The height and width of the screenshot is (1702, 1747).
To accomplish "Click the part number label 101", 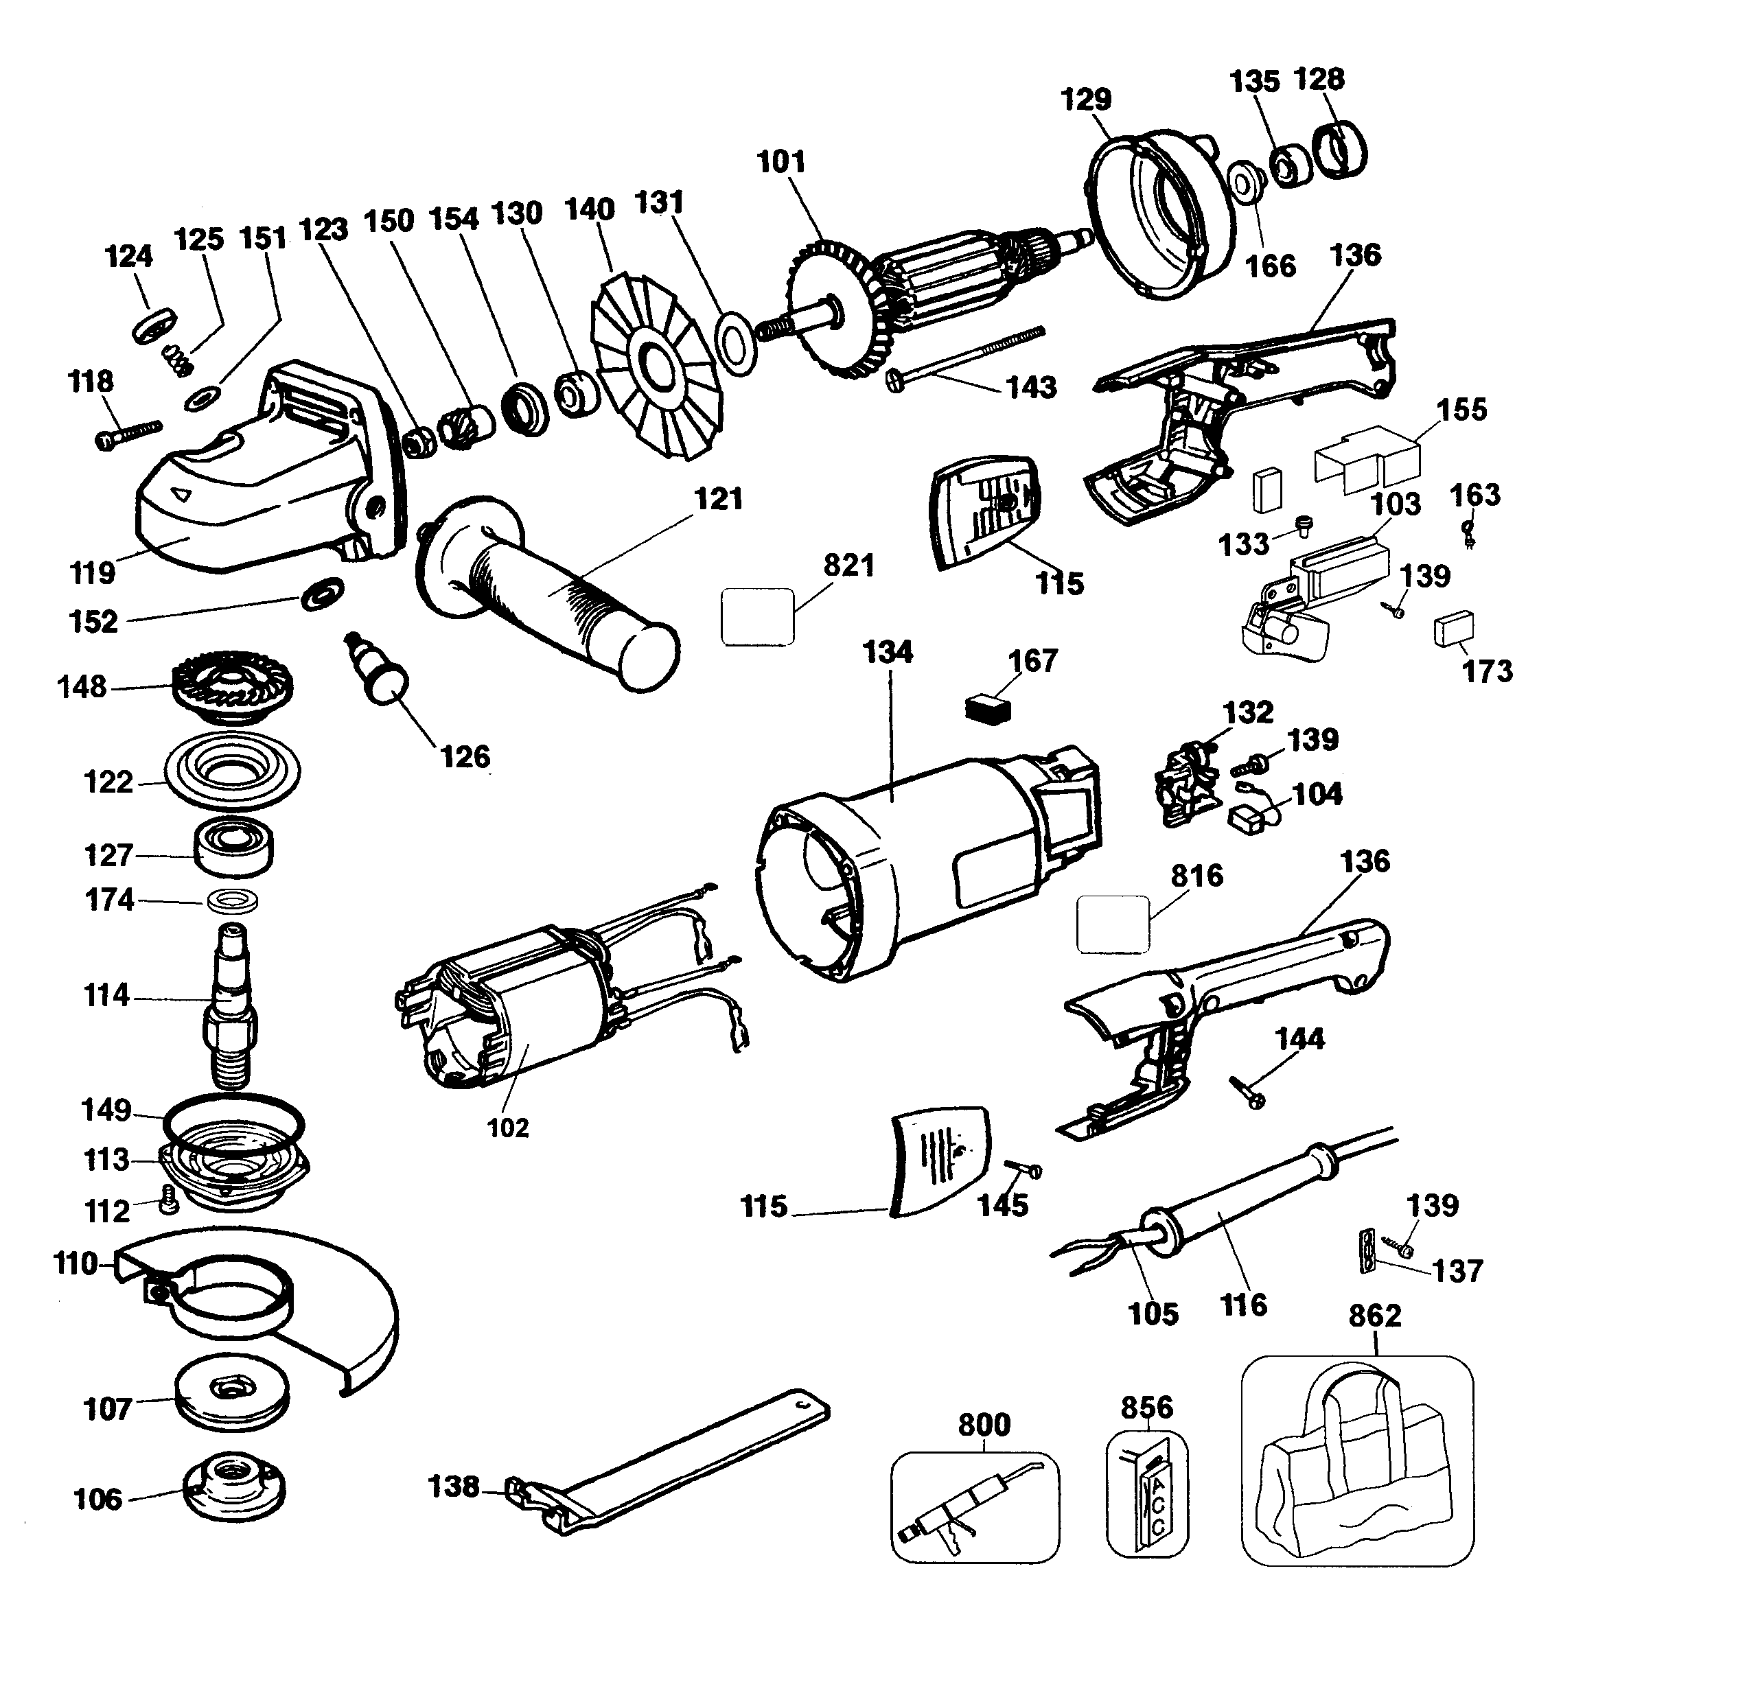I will (780, 162).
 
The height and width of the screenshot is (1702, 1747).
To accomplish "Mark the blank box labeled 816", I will (1112, 924).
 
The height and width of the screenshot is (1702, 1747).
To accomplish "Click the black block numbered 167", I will (988, 709).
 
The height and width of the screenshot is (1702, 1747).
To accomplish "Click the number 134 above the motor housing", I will (887, 652).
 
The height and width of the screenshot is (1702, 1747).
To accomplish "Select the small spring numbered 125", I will (178, 360).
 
